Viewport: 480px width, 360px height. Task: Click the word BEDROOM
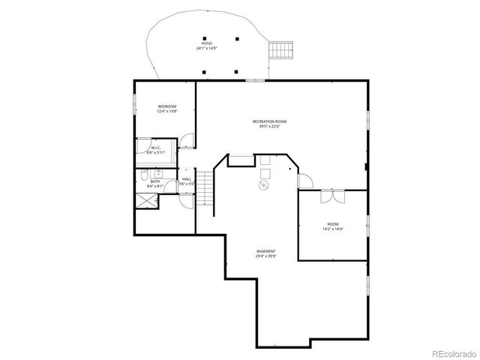coord(166,106)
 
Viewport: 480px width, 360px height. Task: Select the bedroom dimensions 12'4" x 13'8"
coord(166,112)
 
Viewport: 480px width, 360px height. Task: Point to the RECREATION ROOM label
coord(269,121)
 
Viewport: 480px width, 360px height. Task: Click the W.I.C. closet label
coord(155,148)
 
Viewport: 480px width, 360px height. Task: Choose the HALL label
coord(187,179)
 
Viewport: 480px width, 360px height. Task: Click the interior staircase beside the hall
coord(206,187)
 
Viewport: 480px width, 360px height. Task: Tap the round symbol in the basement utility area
coord(264,185)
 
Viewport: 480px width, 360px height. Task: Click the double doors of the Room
coord(331,196)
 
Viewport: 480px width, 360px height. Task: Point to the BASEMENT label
coord(265,251)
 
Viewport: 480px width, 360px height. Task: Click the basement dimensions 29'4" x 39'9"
coord(265,256)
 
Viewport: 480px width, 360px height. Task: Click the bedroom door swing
coord(187,140)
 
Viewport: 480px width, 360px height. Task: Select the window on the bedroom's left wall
coord(135,109)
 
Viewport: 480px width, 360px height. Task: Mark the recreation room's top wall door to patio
coord(256,80)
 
